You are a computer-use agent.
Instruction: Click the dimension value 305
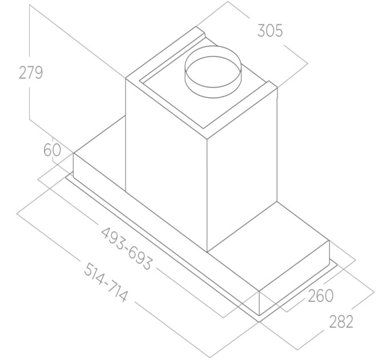coord(270,31)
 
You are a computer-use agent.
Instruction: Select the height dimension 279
coord(31,73)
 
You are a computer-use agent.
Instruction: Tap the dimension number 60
coord(52,150)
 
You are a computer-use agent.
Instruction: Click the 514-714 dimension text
coord(106,282)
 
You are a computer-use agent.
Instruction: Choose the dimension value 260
coord(320,295)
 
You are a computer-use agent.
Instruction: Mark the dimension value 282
coord(341,322)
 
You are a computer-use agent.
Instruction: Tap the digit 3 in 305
coord(261,31)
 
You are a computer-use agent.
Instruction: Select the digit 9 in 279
coord(38,73)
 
